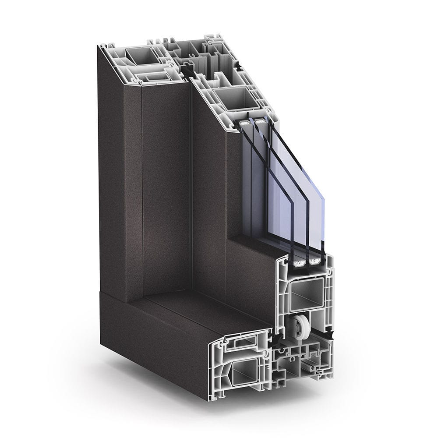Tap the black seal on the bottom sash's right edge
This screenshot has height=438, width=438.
(x=334, y=336)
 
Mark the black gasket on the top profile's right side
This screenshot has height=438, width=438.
(x=239, y=65)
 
